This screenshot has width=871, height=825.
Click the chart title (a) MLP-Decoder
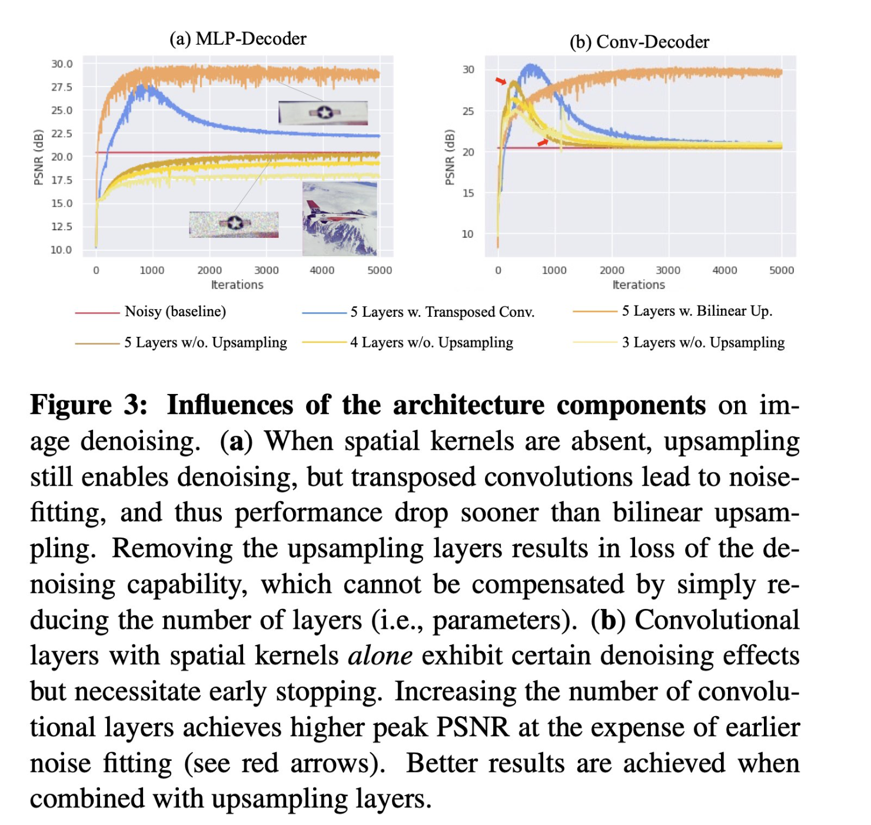pos(238,39)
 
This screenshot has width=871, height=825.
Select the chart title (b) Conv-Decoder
pos(639,42)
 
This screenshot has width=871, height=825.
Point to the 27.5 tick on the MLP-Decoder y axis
pos(62,87)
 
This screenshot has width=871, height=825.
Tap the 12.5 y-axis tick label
pos(62,227)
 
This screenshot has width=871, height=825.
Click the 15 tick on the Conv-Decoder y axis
pos(468,193)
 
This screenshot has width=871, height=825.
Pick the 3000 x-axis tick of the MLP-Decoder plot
pos(266,270)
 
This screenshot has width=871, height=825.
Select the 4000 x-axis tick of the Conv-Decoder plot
pos(724,270)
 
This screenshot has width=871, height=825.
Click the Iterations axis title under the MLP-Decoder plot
pos(237,285)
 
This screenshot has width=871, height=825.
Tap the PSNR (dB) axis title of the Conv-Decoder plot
pos(450,157)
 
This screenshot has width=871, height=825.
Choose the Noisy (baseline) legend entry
pos(175,312)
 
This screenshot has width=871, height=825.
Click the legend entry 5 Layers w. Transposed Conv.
pos(442,312)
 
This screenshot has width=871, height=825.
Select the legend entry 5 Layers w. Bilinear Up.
pos(697,311)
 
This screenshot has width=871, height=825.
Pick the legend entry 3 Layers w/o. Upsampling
pos(703,343)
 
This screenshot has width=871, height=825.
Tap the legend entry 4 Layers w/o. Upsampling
pos(431,343)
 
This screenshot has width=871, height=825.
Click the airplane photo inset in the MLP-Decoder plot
pos(340,218)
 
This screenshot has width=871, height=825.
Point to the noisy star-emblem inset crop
pos(234,224)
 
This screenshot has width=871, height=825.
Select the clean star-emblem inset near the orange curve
pos(323,112)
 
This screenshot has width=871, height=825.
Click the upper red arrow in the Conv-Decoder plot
pos(500,81)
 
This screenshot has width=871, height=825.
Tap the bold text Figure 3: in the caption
pos(89,405)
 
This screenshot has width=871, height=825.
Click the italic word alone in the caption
pos(380,656)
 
